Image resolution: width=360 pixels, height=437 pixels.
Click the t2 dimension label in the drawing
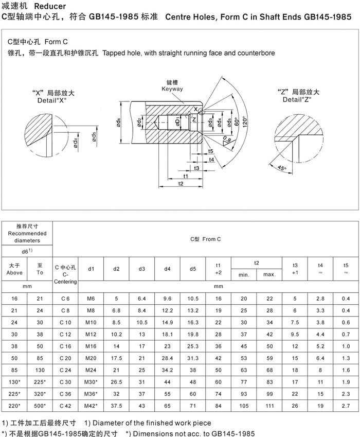(180, 183)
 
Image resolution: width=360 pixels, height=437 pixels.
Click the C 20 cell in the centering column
(66, 357)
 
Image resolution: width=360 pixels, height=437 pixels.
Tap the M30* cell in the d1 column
(91, 381)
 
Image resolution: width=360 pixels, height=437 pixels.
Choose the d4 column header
(167, 269)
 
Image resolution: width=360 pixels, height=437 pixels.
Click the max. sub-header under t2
(269, 274)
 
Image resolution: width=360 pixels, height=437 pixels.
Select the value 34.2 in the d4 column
(167, 370)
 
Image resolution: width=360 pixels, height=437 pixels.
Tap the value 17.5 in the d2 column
(117, 357)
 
